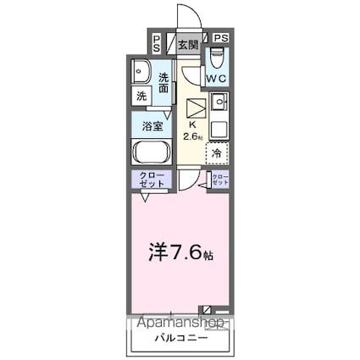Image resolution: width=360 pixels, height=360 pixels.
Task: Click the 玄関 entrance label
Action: (188, 44)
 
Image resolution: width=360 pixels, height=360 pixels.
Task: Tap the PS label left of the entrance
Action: (158, 44)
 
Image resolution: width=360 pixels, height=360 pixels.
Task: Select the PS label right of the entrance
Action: (220, 39)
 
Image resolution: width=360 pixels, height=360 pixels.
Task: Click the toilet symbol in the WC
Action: (218, 60)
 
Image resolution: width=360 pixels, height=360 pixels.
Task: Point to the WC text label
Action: (218, 80)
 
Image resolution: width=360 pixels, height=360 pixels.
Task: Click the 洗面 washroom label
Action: (164, 82)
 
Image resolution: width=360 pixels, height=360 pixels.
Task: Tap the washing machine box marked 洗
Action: (141, 96)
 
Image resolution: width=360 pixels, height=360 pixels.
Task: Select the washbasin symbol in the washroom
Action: (142, 71)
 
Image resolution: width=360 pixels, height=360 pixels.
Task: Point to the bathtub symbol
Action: (152, 153)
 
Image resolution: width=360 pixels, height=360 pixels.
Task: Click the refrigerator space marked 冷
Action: (217, 153)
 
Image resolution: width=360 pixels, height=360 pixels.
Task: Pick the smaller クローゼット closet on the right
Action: (219, 180)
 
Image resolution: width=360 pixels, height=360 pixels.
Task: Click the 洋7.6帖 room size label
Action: (180, 253)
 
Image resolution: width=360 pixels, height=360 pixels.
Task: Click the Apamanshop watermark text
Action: (179, 323)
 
